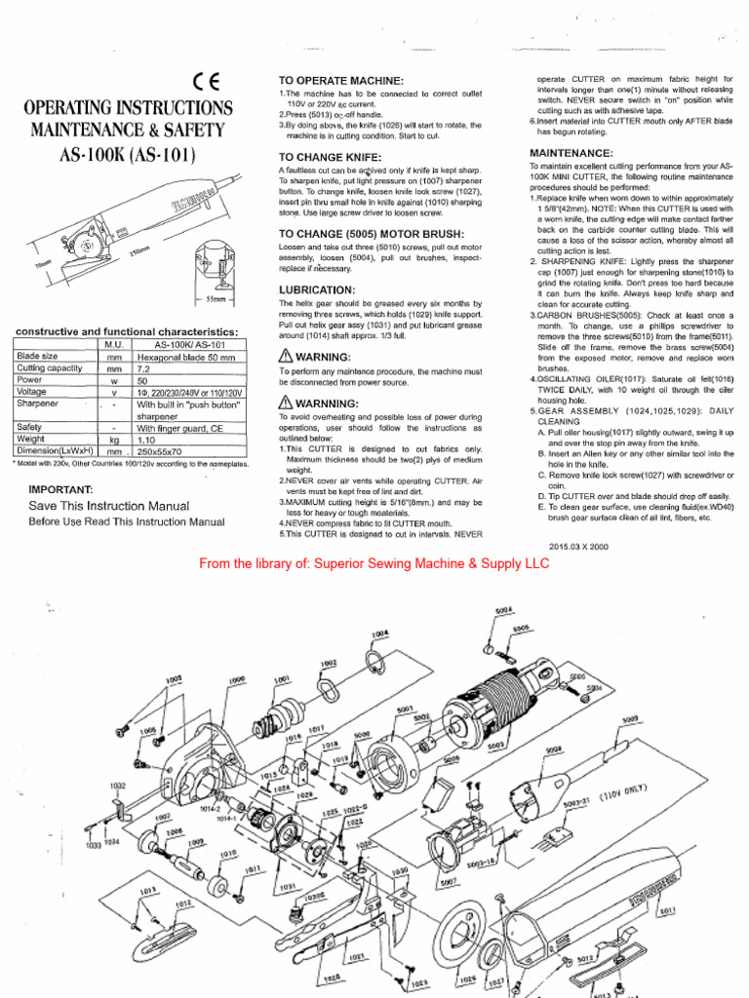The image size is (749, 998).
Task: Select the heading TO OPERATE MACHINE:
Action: point(340,80)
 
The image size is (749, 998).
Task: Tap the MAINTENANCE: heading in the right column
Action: point(571,153)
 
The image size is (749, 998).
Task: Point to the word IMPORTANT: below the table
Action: point(60,489)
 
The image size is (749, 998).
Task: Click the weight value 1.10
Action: point(146,440)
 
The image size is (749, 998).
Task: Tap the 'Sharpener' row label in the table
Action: point(37,403)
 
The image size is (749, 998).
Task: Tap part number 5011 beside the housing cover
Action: point(667,911)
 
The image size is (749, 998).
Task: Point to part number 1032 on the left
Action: point(117,785)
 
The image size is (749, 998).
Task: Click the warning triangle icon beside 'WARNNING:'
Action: point(286,403)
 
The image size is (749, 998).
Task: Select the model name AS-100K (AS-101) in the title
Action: point(130,155)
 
